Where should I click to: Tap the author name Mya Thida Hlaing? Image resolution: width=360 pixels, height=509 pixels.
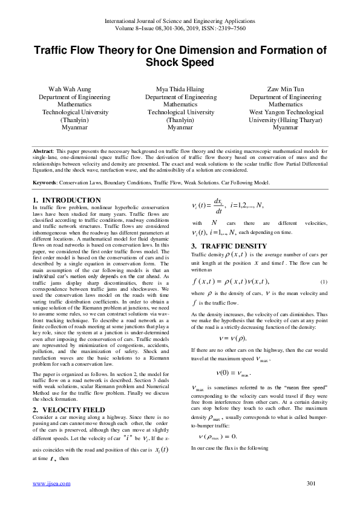tap(180, 89)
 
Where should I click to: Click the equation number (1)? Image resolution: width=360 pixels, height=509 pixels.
tap(324, 283)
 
